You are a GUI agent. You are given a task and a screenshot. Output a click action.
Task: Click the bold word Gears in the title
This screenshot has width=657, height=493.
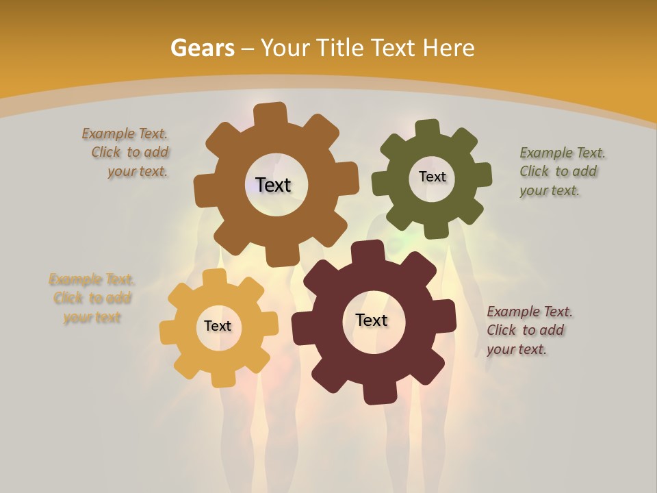[x=203, y=48]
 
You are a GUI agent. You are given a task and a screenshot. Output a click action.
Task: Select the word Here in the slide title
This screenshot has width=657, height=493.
[x=448, y=48]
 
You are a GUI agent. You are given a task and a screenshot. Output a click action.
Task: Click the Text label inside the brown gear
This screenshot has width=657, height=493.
[x=274, y=185]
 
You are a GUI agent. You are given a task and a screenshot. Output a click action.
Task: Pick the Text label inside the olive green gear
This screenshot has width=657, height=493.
[x=432, y=177]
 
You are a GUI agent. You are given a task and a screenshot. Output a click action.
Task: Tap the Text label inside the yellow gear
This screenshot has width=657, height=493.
[x=218, y=327]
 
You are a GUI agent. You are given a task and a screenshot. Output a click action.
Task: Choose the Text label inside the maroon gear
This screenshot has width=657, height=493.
[x=372, y=320]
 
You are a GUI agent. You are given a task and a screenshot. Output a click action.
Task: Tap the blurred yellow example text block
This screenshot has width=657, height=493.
[x=91, y=299]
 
